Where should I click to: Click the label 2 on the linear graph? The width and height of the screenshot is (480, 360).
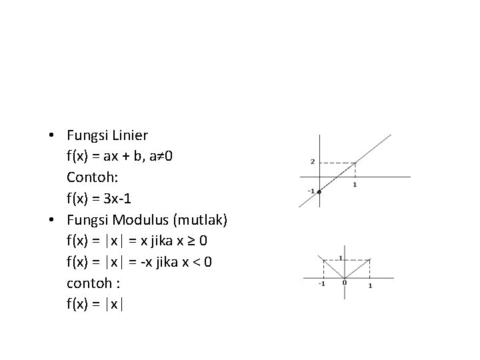312,162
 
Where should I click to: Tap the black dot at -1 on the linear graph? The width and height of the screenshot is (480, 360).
319,192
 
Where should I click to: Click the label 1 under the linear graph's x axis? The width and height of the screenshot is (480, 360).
355,184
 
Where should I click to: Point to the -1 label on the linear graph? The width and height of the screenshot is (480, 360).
311,191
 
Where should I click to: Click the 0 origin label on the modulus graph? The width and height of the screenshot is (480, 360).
345,282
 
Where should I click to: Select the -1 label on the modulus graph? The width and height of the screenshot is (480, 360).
321,284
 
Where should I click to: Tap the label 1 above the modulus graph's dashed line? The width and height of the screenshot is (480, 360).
341,259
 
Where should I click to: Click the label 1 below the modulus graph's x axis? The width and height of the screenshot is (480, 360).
369,285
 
